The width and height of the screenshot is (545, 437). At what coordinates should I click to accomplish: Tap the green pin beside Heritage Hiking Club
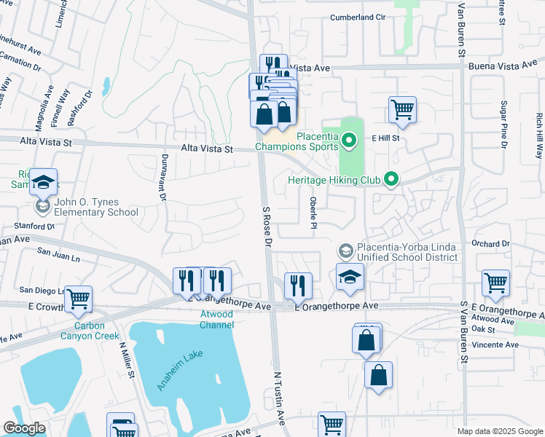392,178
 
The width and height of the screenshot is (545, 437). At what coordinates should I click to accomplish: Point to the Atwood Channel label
216,319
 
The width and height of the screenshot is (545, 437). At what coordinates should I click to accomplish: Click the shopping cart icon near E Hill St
402,111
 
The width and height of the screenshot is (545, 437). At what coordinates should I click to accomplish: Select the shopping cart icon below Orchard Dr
495,283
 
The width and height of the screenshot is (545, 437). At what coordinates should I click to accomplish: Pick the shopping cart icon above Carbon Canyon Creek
78,298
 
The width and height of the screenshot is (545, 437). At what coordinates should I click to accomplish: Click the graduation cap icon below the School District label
350,277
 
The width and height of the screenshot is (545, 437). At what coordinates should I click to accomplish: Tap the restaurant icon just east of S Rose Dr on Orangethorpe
297,286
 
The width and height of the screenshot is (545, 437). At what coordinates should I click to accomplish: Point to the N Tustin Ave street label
279,396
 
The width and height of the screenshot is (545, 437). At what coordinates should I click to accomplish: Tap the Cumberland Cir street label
357,17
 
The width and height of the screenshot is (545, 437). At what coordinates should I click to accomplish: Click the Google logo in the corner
24,428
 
